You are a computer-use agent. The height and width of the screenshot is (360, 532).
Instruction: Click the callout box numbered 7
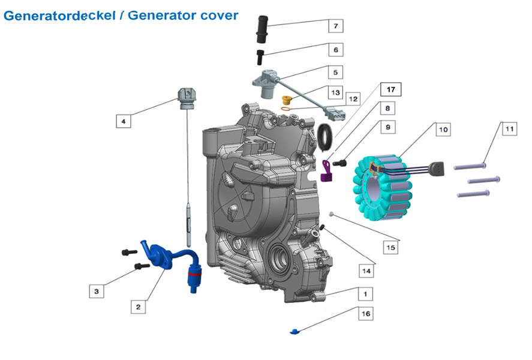[335, 26]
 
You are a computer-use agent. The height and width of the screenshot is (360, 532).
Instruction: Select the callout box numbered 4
[123, 121]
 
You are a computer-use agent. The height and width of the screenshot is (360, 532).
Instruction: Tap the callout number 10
[443, 129]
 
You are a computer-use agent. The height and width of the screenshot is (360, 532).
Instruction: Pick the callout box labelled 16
[365, 313]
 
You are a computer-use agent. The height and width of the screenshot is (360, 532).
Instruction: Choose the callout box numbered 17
[390, 90]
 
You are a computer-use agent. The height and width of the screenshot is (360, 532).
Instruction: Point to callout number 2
[138, 307]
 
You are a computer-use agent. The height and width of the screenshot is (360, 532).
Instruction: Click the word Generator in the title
[163, 15]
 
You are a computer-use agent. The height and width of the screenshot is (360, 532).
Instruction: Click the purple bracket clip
[326, 169]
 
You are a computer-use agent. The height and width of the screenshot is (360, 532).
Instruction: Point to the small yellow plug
[287, 99]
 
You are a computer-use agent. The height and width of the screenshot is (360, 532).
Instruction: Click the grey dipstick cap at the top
[187, 95]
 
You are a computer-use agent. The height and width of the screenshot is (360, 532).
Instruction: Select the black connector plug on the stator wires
[436, 170]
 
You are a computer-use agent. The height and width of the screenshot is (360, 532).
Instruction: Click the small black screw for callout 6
[261, 57]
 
